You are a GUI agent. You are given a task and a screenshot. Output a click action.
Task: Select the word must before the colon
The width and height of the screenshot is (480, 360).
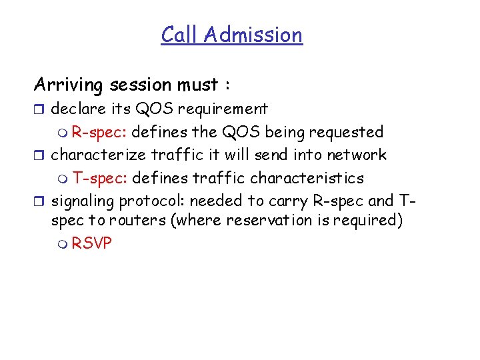[x=198, y=85]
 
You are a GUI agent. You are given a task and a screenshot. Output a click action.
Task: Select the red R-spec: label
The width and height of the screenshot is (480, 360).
[x=99, y=132]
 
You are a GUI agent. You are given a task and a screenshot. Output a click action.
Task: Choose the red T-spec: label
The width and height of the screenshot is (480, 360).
[x=100, y=179]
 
